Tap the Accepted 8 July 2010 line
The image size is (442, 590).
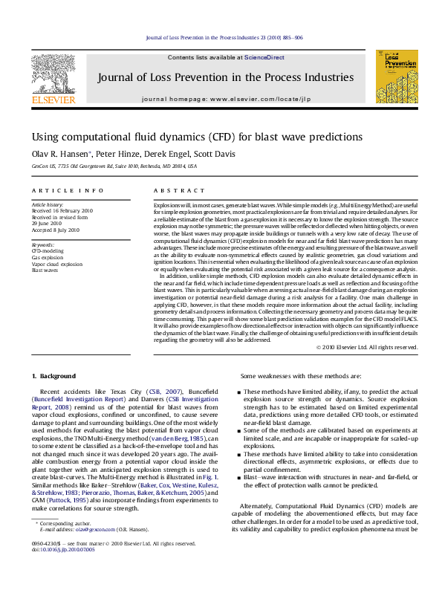(53, 230)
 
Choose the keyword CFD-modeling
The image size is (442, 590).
(47, 251)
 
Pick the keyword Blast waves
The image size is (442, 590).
(44, 270)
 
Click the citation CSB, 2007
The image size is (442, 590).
(154, 391)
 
